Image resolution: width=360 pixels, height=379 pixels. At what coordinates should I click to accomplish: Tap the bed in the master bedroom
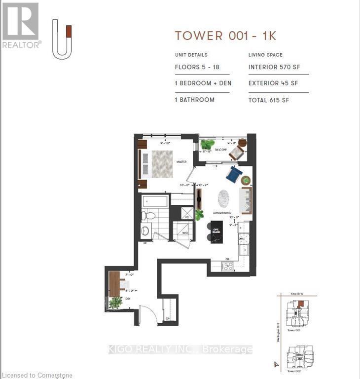(x=161, y=164)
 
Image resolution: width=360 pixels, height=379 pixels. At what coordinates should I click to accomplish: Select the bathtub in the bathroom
(x=155, y=201)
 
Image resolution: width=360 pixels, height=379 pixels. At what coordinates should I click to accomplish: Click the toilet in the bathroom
(x=148, y=216)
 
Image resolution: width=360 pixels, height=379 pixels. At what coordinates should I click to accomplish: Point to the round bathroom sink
(x=145, y=230)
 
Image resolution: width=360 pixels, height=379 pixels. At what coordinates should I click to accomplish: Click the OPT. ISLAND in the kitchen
(x=216, y=231)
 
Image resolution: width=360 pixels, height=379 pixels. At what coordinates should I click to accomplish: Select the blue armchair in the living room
(x=234, y=174)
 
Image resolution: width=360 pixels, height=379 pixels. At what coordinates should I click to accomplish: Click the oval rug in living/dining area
(x=223, y=199)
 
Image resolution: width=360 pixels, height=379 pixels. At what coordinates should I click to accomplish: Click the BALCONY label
(x=220, y=150)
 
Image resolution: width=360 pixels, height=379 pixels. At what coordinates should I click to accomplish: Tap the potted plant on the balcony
(x=207, y=145)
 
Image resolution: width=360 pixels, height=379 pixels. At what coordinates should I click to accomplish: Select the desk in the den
(x=115, y=284)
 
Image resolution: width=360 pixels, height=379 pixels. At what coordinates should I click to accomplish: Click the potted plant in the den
(x=115, y=303)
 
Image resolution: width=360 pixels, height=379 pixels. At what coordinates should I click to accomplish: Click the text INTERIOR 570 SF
(x=274, y=68)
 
